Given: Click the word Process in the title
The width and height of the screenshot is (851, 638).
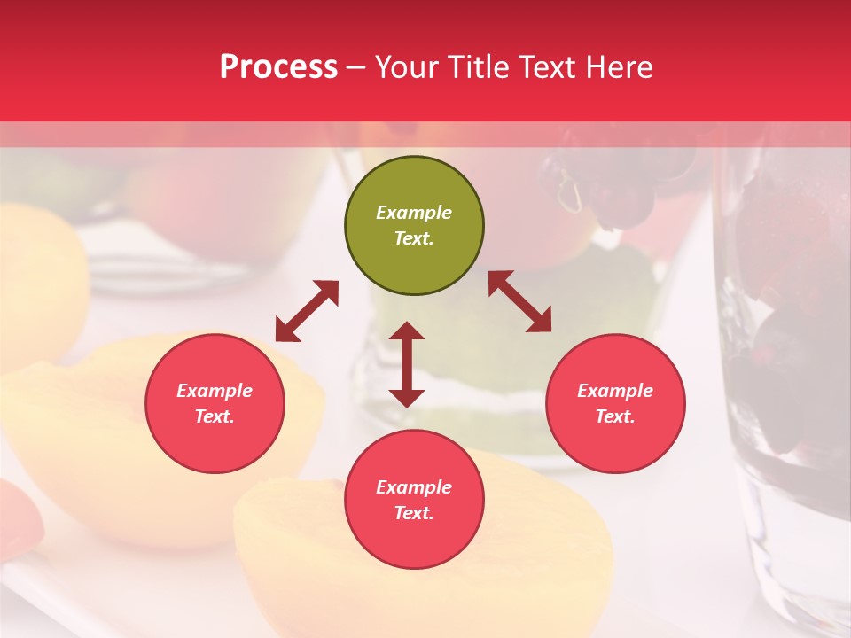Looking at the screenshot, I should click(x=278, y=67).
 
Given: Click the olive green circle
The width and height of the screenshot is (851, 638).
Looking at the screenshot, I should click(x=414, y=226).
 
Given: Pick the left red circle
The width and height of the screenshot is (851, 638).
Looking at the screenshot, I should click(x=215, y=404).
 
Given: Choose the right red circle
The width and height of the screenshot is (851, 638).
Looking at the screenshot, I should click(x=615, y=404).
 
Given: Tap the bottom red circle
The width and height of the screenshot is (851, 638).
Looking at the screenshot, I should click(x=414, y=500).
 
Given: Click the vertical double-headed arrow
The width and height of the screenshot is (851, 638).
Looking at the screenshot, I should click(x=407, y=364).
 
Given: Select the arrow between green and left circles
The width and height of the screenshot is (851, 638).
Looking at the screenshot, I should click(x=307, y=311).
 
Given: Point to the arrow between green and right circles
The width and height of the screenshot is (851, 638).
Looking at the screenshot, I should click(x=519, y=301).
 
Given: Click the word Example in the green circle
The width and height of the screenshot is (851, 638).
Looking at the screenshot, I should click(x=414, y=213).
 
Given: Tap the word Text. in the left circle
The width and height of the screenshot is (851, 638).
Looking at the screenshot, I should click(x=215, y=416).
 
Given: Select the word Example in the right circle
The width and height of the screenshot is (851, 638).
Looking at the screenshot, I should click(x=615, y=391).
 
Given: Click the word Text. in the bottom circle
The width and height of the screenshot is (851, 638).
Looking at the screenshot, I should click(x=414, y=513).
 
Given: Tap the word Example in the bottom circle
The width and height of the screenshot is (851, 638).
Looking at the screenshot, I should click(x=414, y=487).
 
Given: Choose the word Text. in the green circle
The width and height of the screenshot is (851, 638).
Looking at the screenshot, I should click(x=414, y=238).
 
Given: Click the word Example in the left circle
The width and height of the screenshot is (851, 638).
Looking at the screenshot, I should click(x=215, y=391).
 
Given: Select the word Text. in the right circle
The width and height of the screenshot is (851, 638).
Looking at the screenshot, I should click(x=615, y=416).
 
